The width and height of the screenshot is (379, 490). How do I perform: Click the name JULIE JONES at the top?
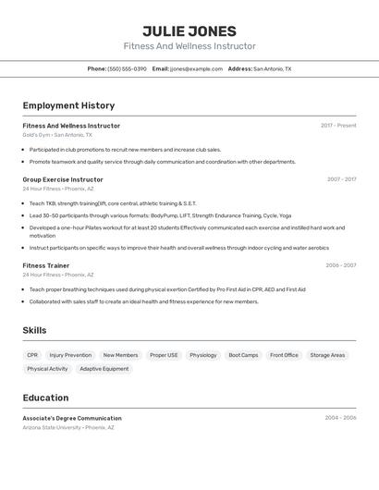click(x=189, y=31)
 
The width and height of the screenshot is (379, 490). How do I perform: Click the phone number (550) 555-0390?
click(x=127, y=68)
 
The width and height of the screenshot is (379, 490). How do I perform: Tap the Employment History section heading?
click(x=68, y=105)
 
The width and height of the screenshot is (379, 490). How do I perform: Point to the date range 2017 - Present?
click(x=338, y=126)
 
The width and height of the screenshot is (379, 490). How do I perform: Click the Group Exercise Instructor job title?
click(x=63, y=179)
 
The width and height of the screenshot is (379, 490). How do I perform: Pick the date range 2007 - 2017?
click(x=341, y=179)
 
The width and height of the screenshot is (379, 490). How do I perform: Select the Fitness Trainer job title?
click(x=46, y=265)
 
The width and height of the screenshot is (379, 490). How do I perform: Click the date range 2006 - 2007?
click(x=340, y=265)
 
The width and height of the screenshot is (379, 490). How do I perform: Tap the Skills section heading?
click(x=34, y=330)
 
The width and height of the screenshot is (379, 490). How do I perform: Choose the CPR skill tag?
click(x=32, y=355)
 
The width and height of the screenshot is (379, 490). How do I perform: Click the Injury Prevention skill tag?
click(x=70, y=355)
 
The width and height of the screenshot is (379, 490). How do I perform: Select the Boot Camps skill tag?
click(x=243, y=355)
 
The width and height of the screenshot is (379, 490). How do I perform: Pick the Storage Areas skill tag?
click(x=327, y=355)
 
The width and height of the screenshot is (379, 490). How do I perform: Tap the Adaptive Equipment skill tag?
click(x=104, y=369)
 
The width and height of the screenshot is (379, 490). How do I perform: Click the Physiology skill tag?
click(x=202, y=355)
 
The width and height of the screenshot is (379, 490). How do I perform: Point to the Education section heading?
click(x=45, y=398)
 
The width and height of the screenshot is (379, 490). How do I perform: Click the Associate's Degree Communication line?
click(x=72, y=418)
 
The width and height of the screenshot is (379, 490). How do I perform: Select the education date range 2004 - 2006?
click(x=340, y=418)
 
